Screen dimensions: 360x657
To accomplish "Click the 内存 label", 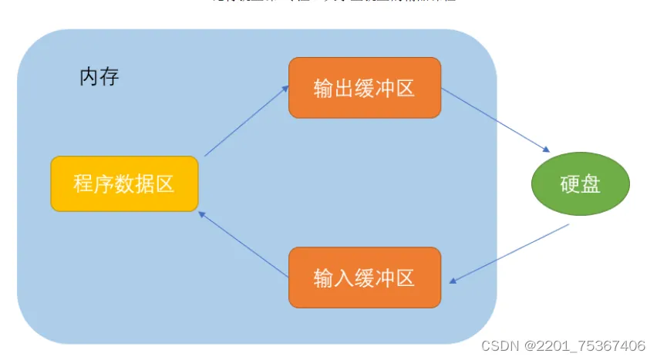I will [99, 77].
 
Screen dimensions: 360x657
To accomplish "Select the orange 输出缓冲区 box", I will [365, 88].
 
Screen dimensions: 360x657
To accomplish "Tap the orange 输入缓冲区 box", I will [365, 278].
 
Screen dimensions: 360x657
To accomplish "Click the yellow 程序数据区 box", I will [124, 183].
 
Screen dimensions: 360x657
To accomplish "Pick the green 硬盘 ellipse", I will [581, 184].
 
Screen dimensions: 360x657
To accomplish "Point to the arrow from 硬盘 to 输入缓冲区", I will [509, 254].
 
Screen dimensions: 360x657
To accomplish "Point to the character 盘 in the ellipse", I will [591, 184].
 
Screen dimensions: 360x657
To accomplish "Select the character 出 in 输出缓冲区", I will [344, 88].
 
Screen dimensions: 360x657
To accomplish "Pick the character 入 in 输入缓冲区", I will [344, 278].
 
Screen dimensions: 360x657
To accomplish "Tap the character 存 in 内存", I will [109, 77].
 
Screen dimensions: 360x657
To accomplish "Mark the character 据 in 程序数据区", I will [144, 183].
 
